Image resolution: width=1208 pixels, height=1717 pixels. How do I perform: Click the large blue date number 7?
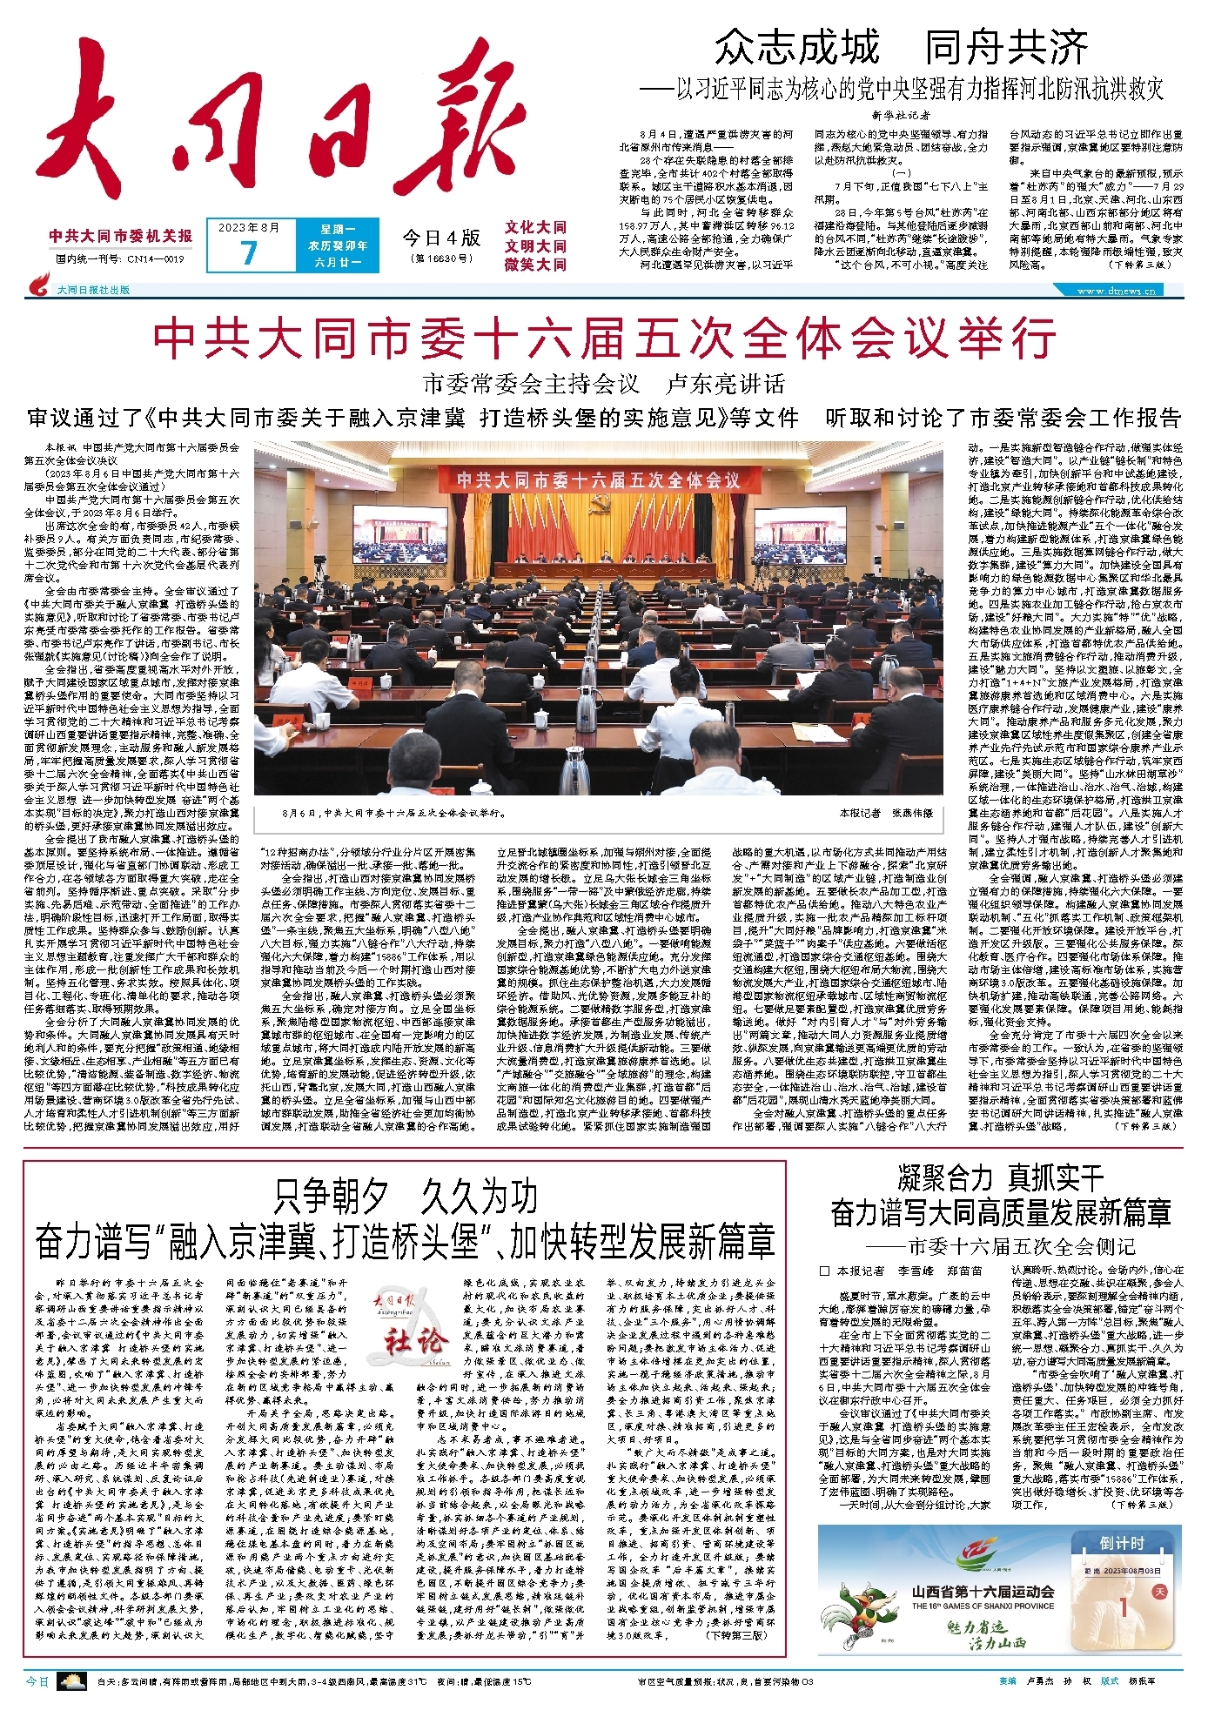coord(249,252)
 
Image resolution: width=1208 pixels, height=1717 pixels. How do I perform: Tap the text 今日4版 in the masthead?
coord(441,238)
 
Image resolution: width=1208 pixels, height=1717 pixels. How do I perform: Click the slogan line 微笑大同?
coord(535,264)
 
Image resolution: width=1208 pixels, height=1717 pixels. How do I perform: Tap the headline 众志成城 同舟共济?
coord(901,47)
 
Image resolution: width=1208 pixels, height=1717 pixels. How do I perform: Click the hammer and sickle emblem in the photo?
coord(599,506)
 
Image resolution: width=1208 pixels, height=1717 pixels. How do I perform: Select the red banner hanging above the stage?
coord(599,480)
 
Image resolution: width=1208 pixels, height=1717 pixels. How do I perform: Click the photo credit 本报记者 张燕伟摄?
coord(885,813)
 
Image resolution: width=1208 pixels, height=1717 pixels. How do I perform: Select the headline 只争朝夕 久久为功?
coord(405,1197)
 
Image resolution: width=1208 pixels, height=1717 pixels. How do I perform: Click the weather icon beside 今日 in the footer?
coord(71,1682)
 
